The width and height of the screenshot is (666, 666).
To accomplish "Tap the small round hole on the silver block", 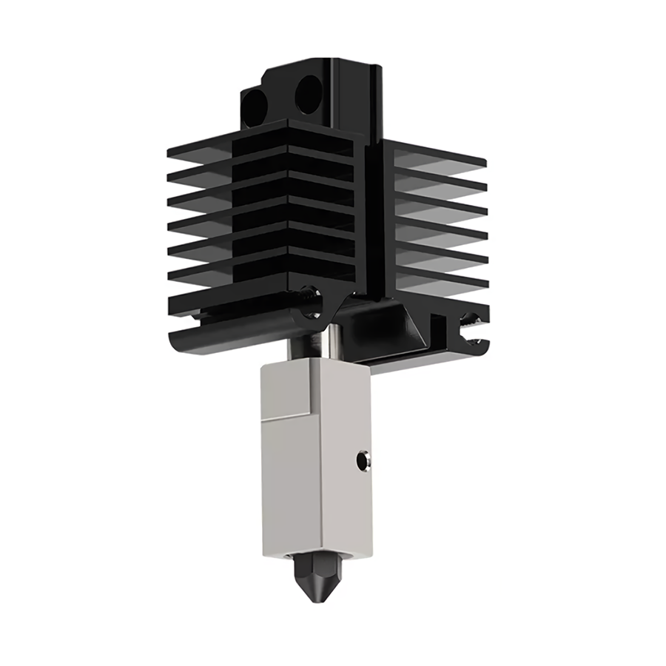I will point(362,460).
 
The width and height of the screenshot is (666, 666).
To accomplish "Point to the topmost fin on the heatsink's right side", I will point(444,153).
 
